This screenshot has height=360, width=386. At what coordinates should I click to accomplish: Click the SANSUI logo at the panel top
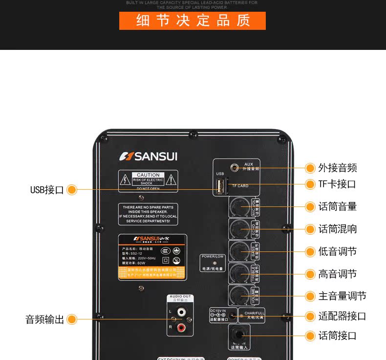(x=149, y=157)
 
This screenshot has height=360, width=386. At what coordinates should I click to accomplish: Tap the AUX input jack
(x=235, y=168)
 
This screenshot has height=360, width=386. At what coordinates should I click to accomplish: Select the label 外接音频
(x=338, y=168)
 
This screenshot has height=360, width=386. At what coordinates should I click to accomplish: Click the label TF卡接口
(x=337, y=184)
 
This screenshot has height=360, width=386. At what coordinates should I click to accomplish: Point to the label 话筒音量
(x=338, y=206)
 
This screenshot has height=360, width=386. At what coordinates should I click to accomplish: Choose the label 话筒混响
(x=338, y=229)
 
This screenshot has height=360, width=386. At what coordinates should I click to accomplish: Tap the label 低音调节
(x=338, y=251)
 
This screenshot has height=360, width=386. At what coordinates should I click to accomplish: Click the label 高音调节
(x=338, y=274)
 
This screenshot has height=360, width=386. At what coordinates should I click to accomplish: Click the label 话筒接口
(x=338, y=336)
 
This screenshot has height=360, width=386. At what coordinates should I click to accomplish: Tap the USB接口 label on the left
(x=47, y=190)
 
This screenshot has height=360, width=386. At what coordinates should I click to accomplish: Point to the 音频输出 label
(x=45, y=320)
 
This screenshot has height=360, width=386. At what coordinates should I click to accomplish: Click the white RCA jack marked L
(x=181, y=311)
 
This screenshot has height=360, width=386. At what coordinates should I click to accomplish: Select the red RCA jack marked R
(x=181, y=326)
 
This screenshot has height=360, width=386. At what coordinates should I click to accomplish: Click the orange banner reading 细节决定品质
(x=193, y=21)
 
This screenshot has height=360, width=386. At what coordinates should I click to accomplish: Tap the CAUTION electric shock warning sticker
(x=148, y=181)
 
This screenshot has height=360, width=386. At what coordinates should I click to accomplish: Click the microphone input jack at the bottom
(x=239, y=336)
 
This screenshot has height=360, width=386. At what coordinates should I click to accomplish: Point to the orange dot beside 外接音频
(x=310, y=168)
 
